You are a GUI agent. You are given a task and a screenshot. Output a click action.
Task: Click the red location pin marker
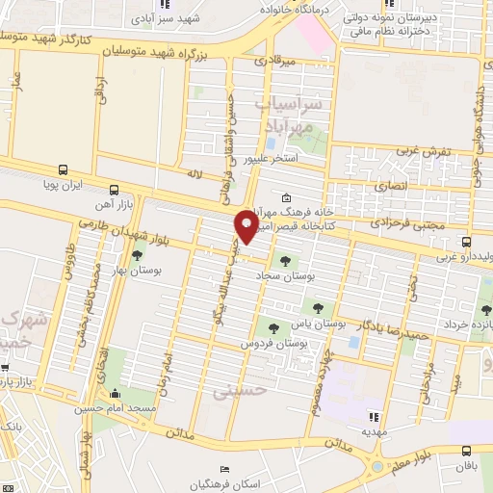246,225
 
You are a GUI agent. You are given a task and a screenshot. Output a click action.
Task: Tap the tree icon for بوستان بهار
138,256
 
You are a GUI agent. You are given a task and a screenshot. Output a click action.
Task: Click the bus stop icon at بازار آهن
115,189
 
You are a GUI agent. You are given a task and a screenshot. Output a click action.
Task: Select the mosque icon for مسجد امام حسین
116,394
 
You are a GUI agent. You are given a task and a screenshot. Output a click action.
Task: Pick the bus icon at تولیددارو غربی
466,242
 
